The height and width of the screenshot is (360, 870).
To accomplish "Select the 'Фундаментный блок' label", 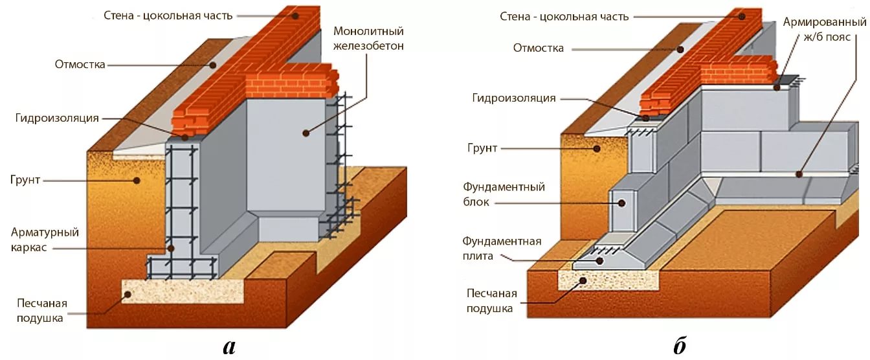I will coord(504,194).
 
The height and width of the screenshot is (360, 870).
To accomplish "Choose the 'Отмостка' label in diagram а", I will coord(80,64).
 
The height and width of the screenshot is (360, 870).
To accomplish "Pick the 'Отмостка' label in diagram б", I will coord(538,48).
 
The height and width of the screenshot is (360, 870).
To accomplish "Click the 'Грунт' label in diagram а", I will coord(25,179).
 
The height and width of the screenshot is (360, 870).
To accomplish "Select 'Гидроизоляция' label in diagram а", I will coord(56,118).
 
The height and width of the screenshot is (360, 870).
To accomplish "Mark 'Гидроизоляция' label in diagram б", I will coord(514,98).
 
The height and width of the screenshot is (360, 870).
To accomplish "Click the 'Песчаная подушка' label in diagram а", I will coord(43,310).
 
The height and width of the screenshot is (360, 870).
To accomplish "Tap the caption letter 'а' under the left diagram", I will coord(229,346).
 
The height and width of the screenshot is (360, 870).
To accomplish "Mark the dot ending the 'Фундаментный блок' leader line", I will coord(621,203).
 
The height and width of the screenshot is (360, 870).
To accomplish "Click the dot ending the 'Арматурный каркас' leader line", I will coord(171,248).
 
